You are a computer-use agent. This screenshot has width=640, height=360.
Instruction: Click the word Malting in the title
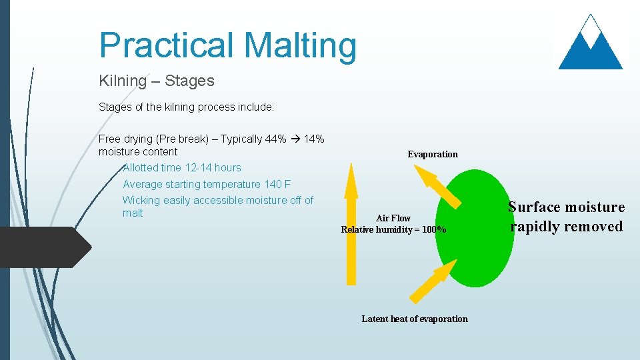coord(300,46)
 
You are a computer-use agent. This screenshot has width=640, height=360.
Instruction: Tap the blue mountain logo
coord(590,45)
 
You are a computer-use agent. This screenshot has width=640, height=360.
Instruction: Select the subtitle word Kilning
coord(123,81)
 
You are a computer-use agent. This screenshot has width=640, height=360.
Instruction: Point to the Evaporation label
coord(433,155)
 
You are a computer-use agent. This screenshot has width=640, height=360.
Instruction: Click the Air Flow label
coord(393,218)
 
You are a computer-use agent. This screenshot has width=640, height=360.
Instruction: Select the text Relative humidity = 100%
coord(393,230)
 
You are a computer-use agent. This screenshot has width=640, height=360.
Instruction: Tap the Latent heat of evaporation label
coord(415,319)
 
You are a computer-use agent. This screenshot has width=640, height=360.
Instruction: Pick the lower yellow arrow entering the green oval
coord(432,281)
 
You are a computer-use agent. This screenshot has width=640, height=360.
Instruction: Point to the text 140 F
coord(277,184)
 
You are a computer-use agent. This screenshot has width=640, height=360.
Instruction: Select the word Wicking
coord(141,201)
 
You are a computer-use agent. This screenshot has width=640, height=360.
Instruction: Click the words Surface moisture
coord(566,207)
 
